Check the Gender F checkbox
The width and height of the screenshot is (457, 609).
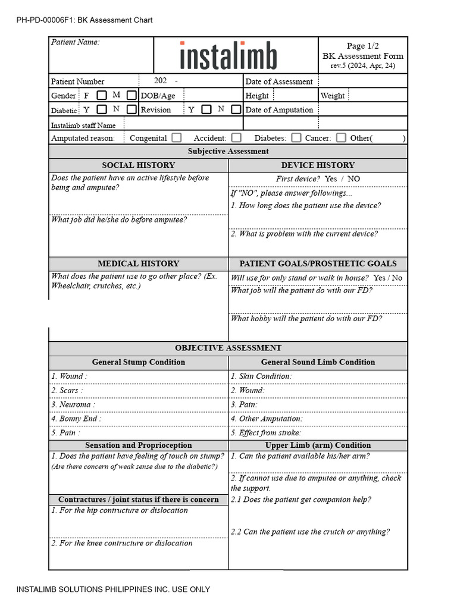(102, 95)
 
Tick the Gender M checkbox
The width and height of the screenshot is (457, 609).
(132, 95)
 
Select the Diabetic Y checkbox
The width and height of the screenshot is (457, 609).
(102, 109)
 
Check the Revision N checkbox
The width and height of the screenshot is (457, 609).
(236, 109)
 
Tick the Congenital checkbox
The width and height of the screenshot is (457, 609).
(176, 138)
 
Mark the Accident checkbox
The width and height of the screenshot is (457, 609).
(236, 138)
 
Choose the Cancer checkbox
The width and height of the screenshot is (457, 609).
(341, 138)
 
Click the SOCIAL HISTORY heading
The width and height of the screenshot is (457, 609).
(138, 165)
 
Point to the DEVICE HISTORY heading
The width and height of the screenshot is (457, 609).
(318, 165)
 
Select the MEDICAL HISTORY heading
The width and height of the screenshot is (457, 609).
(138, 263)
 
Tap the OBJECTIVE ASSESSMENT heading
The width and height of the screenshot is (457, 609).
(228, 348)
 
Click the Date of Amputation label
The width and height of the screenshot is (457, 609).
(279, 110)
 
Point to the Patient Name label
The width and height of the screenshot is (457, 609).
(75, 42)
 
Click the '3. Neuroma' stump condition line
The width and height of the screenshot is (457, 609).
(73, 404)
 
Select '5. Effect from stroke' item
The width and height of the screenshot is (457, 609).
(266, 433)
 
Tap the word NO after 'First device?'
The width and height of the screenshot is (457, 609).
(353, 179)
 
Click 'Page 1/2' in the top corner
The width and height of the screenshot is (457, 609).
(362, 46)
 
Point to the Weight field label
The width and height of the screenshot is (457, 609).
(332, 96)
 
